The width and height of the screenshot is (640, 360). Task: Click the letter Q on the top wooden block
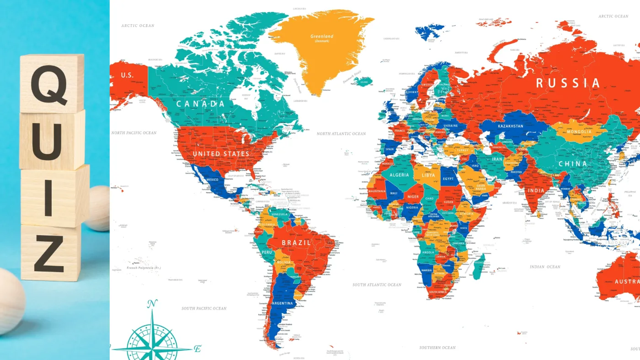pos(49,84)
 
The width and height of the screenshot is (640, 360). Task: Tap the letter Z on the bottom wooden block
pos(49,254)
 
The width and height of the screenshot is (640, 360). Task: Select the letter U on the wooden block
pos(46,140)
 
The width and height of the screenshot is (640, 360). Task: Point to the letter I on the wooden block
pos(48,198)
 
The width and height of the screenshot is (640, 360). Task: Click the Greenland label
pos(322,37)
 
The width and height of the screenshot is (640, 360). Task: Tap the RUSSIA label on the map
pos(568,83)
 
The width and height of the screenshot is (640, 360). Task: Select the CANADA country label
pos(201,104)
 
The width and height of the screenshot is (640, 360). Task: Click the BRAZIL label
pos(296,243)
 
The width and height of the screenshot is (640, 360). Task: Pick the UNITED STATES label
pos(221,154)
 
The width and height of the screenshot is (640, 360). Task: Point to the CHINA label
pos(572,164)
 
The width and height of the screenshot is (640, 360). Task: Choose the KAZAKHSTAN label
pos(510,126)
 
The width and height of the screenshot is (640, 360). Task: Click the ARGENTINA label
pos(282,303)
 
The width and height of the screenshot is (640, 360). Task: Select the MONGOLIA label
pos(579,132)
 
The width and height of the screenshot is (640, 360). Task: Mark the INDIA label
pos(536,190)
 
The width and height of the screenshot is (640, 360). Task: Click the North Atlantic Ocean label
pos(341,134)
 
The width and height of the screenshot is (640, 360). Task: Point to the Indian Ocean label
pos(545,267)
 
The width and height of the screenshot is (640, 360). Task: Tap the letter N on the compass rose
pos(153,303)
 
